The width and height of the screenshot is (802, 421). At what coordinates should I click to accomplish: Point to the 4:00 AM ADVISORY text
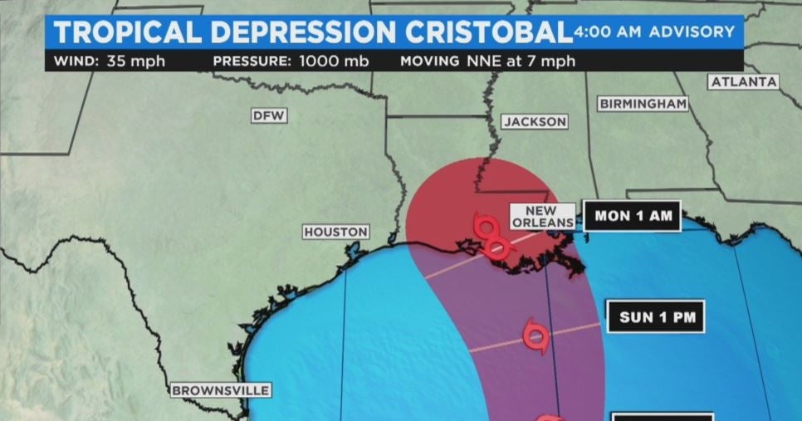(x=654, y=32)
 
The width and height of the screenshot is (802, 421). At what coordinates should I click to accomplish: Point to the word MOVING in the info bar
(x=429, y=61)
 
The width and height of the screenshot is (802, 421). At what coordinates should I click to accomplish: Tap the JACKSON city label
(x=535, y=122)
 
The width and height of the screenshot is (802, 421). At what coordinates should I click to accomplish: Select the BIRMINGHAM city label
(x=643, y=104)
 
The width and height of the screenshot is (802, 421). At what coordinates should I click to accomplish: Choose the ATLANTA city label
(x=744, y=81)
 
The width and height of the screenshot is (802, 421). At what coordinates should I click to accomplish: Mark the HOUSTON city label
(x=335, y=232)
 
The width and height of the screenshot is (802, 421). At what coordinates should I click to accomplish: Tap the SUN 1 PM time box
(x=662, y=316)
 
